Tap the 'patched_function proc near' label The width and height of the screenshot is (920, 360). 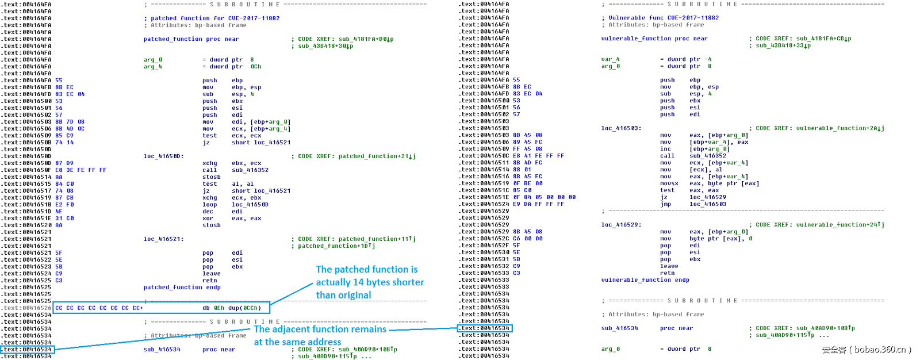point(191,39)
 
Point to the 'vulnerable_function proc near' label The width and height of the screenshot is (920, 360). point(654,39)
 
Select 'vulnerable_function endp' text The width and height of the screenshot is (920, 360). point(645,280)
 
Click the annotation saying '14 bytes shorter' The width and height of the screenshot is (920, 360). point(370,282)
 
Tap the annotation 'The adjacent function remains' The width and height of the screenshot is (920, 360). point(320,330)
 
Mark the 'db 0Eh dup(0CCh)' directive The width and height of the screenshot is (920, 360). point(232,308)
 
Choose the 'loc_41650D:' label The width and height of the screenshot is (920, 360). point(163,156)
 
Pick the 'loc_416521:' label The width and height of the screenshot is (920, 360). point(163,239)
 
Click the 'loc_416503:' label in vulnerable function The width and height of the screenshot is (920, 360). point(621,128)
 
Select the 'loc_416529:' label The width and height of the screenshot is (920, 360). point(621,225)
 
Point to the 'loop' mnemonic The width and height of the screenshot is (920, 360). point(210,205)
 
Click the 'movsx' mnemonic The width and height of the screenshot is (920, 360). point(669,183)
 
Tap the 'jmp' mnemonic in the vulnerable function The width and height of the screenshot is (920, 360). point(666,204)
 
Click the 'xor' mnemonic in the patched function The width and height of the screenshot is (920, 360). point(208,219)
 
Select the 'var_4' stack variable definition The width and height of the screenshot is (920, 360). point(610,59)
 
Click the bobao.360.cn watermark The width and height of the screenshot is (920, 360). point(867,350)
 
